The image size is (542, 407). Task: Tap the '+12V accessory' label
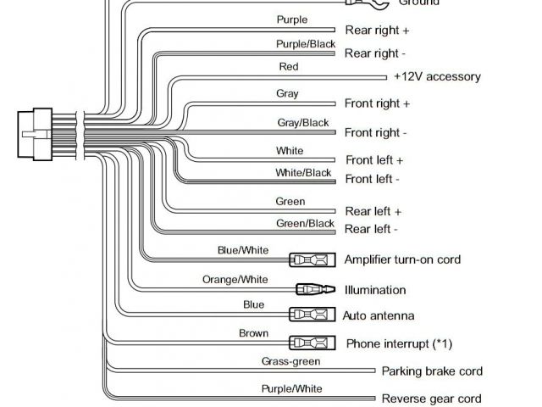tap(436, 76)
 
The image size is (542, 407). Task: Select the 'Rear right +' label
tap(377, 31)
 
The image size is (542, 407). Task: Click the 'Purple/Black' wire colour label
tap(305, 44)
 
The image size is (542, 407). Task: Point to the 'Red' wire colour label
tap(288, 66)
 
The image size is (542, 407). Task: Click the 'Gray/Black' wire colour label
tap(302, 123)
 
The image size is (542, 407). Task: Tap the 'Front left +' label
tap(373, 160)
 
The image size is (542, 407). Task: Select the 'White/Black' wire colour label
tap(303, 173)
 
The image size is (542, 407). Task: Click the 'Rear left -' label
tap(371, 230)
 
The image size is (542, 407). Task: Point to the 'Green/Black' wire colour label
tap(305, 224)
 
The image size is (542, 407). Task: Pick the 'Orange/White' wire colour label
tap(235, 280)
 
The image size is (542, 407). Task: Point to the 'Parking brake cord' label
tap(432, 371)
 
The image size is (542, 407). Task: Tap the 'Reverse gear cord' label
tap(431, 399)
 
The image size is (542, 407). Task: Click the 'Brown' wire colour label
tap(253, 333)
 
